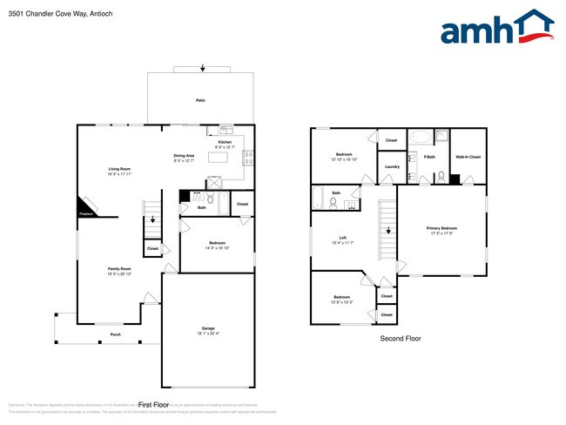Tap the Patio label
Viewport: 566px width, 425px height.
pyautogui.click(x=200, y=101)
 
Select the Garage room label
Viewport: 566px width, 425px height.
pyautogui.click(x=208, y=327)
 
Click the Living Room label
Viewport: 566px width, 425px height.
pyautogui.click(x=119, y=169)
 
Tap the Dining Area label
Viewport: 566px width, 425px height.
pyautogui.click(x=184, y=155)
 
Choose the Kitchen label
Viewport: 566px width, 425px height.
pyautogui.click(x=225, y=141)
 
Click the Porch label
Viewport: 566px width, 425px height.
pyautogui.click(x=115, y=334)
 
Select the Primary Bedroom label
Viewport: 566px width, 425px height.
pyautogui.click(x=441, y=227)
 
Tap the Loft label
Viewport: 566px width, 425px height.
pyautogui.click(x=343, y=238)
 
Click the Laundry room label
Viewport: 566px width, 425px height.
pyautogui.click(x=391, y=166)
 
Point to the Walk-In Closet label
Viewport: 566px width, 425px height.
pyautogui.click(x=468, y=157)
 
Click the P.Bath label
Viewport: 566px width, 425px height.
pyautogui.click(x=429, y=157)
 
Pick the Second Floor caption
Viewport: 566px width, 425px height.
pyautogui.click(x=400, y=338)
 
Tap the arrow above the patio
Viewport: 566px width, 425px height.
pyautogui.click(x=203, y=68)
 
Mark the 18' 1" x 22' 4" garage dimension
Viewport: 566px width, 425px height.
pyautogui.click(x=208, y=333)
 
